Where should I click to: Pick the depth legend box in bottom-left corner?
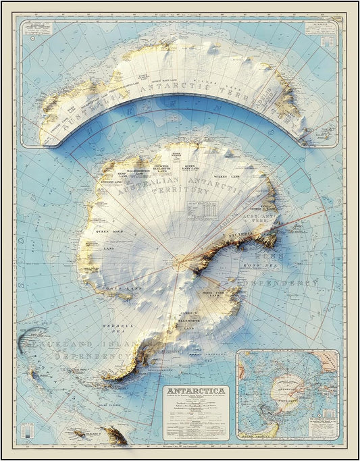point(26,432)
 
